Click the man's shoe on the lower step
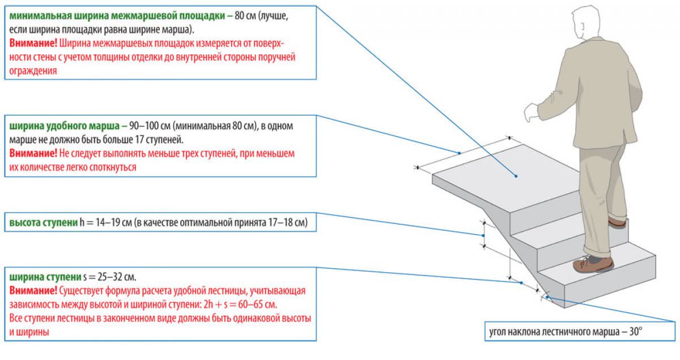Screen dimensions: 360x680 pos(593,264)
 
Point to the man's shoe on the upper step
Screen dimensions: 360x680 pos(617,222)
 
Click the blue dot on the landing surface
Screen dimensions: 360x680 pos(516,176)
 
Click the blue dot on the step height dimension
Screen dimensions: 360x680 pos(483,235)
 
